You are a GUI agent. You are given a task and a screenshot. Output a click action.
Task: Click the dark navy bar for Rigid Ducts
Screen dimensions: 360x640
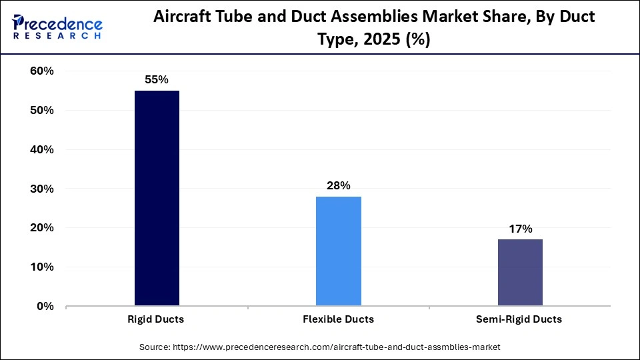pos(157,198)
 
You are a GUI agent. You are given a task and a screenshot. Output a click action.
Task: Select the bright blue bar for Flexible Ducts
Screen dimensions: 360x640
pos(339,251)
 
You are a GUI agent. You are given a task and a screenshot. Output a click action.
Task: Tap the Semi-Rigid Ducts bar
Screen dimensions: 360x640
pos(520,273)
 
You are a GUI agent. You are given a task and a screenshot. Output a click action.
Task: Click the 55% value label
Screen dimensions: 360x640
pos(157,80)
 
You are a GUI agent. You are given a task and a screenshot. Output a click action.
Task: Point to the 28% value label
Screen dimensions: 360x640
pos(339,186)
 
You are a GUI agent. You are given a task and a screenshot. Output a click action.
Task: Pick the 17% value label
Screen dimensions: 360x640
pos(520,229)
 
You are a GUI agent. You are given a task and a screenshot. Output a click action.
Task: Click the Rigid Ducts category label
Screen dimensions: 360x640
pos(156,319)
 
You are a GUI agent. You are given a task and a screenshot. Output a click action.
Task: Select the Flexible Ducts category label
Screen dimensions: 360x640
pos(338,319)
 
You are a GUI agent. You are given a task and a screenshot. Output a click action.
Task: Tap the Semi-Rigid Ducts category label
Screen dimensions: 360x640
pos(519,319)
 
